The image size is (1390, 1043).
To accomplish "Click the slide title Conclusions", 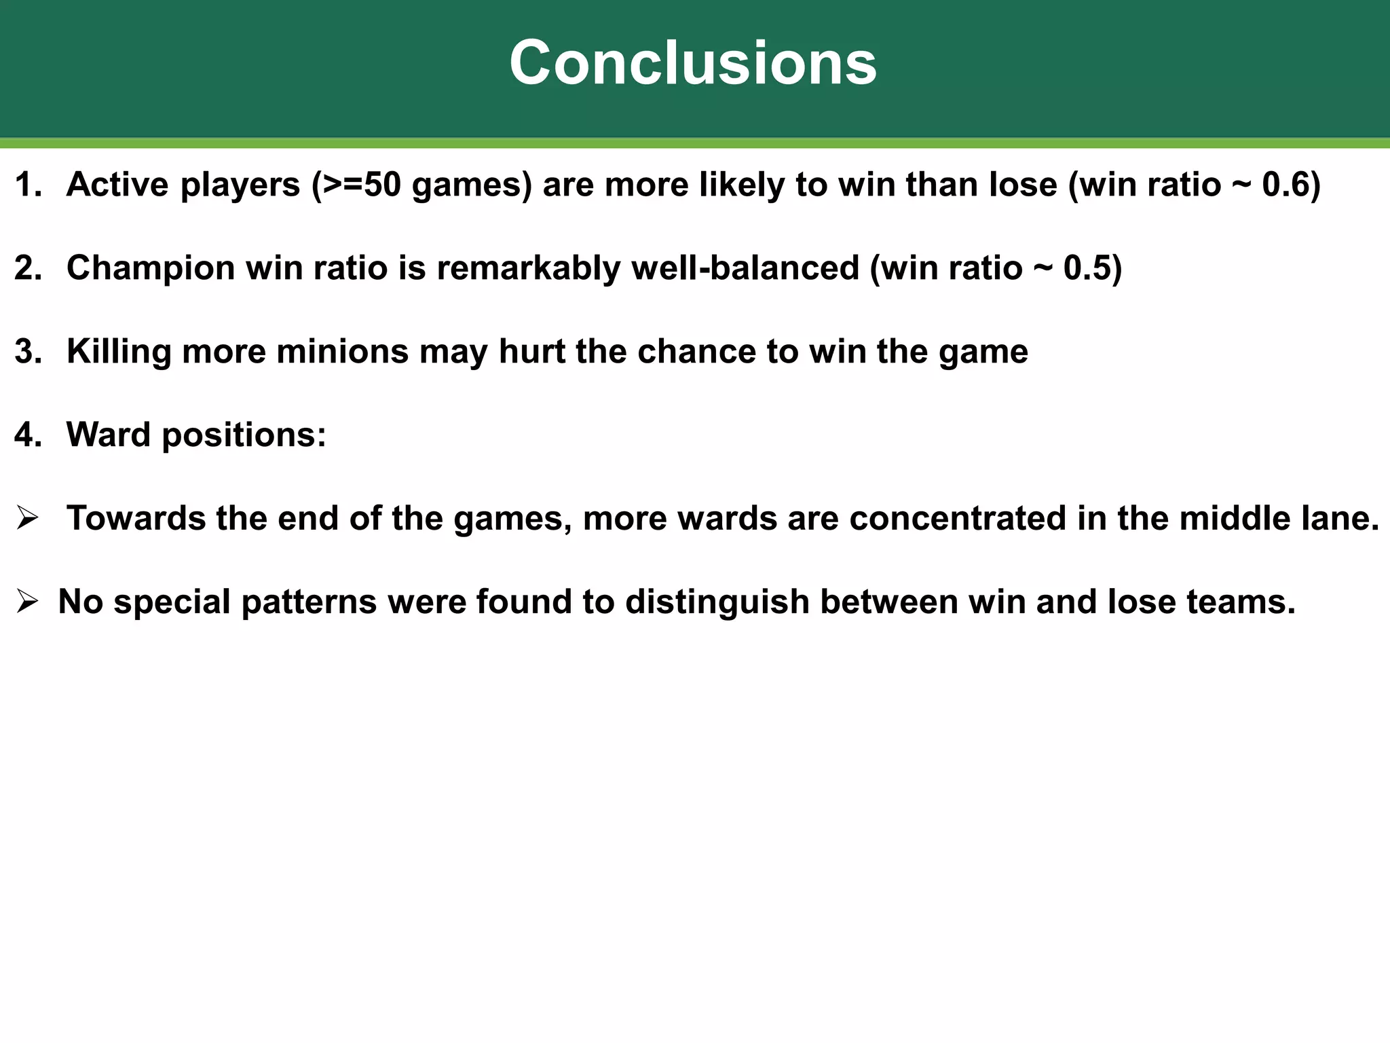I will click(693, 62).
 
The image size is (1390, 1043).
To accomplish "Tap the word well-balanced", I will click(746, 268).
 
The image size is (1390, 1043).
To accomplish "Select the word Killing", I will click(119, 351).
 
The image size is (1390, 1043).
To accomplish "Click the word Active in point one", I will click(117, 185).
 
